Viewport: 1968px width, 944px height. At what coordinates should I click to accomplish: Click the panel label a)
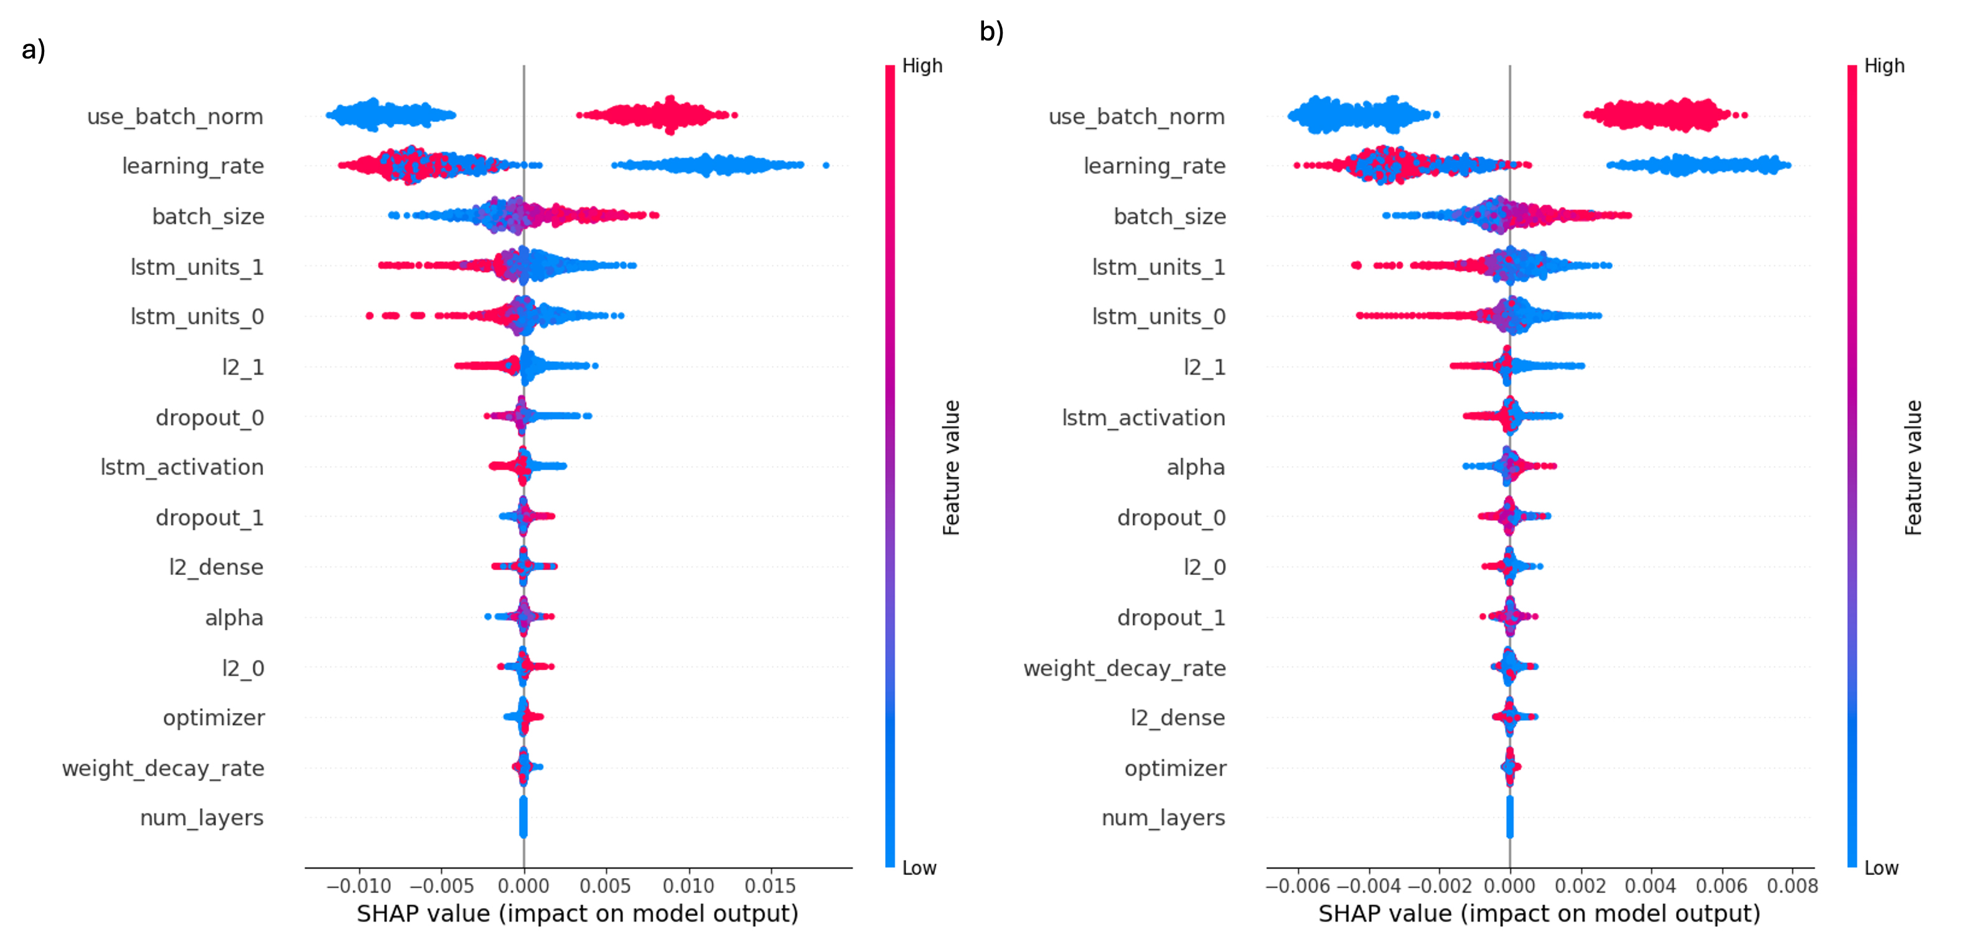34,50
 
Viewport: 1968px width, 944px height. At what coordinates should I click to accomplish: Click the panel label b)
991,32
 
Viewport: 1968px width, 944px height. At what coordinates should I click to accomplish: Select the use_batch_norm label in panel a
175,117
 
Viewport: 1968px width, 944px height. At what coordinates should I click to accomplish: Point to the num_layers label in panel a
202,818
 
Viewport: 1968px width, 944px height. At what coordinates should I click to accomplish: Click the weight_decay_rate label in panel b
1125,668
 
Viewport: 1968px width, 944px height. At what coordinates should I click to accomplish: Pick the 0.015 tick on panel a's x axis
770,886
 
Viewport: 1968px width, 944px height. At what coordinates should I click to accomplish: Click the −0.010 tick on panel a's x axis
358,886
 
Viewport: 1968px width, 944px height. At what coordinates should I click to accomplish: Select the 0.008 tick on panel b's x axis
1792,886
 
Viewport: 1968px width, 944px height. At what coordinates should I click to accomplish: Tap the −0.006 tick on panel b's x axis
1298,886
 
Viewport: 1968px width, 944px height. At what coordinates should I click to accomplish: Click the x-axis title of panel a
578,914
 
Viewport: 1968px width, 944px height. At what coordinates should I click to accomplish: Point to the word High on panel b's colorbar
1884,67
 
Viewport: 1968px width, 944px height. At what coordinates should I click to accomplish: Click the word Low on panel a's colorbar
919,868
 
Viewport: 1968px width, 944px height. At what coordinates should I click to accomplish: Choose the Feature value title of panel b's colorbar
1912,467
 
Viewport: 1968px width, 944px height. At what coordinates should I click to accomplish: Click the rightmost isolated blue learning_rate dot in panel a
826,165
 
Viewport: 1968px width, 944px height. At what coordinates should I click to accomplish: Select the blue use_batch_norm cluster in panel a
390,115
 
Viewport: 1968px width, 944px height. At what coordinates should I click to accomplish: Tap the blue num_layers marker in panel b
1510,817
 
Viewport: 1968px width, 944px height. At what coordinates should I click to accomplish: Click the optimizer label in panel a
214,718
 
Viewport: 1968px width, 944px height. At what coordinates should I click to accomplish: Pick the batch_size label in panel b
1169,217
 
